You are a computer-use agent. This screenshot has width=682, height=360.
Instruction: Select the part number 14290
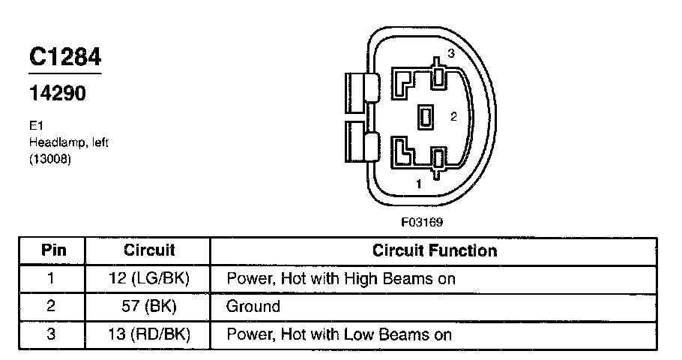(57, 94)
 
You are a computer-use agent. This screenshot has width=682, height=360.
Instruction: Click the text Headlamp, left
(68, 142)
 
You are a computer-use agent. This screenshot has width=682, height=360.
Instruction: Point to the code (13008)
(50, 158)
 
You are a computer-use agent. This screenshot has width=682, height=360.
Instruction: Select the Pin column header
(52, 250)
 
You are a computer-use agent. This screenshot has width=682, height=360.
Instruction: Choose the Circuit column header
(148, 250)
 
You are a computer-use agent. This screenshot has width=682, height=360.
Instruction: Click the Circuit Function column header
(435, 250)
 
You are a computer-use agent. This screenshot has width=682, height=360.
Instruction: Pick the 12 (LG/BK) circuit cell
(148, 279)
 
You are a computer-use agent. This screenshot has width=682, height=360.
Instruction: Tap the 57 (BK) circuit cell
(148, 307)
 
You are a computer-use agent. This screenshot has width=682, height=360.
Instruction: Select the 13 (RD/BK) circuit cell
(148, 334)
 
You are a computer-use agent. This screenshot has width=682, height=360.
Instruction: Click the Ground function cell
(253, 307)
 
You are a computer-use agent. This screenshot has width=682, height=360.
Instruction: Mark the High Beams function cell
(341, 279)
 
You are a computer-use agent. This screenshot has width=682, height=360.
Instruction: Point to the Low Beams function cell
(340, 334)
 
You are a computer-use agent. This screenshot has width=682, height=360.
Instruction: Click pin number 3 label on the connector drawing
(451, 53)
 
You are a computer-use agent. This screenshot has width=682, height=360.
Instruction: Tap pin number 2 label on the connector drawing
(453, 116)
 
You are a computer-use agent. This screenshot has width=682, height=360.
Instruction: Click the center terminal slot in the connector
(426, 117)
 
